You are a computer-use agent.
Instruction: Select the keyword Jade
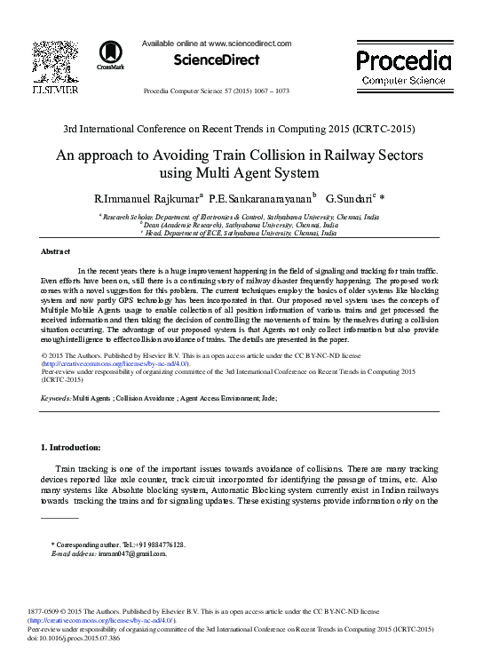pos(267,399)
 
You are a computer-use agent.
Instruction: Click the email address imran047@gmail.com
pos(135,553)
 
